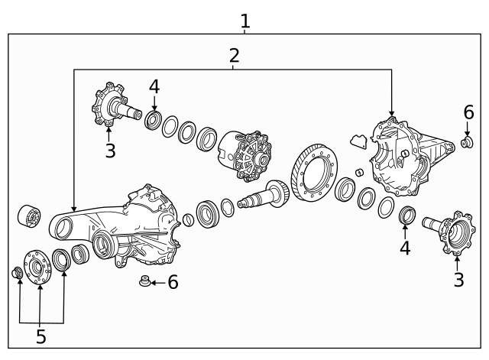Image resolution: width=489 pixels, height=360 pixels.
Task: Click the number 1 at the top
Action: pos(244,21)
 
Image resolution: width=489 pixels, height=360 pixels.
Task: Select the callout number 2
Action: pos(234,55)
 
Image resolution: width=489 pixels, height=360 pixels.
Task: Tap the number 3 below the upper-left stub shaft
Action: pos(110,150)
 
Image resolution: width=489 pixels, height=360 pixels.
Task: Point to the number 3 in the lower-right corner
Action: pos(458,280)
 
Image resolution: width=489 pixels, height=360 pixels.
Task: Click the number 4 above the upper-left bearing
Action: pos(154,86)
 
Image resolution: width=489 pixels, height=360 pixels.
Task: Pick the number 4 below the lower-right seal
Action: pos(405,248)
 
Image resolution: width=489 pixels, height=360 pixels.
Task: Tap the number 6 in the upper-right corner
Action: pos(468,112)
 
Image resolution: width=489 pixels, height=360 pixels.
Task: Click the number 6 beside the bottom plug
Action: pos(173,282)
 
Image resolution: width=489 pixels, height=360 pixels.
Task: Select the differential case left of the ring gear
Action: pos(246,157)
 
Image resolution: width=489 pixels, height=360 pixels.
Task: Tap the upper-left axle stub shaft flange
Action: pos(108,107)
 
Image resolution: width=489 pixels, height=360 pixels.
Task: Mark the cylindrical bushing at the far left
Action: pos(30,217)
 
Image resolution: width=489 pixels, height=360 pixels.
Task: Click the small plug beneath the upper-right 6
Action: pos(467,141)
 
